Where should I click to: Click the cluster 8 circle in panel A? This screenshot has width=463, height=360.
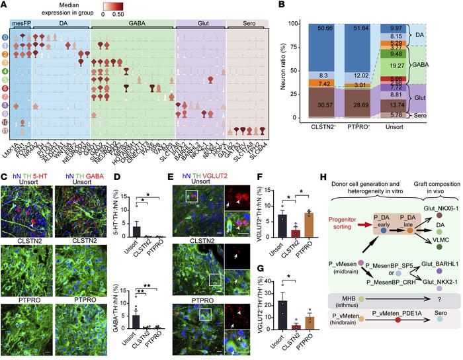tap(6, 105)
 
